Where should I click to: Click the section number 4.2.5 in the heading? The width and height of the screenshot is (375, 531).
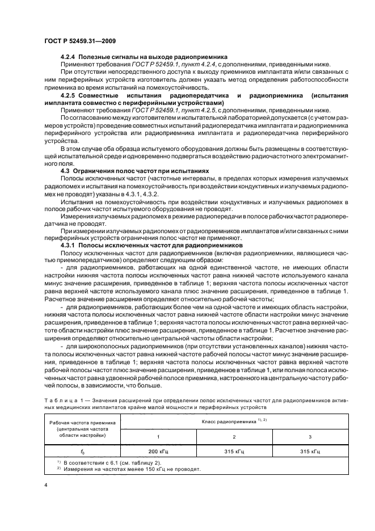[68, 95]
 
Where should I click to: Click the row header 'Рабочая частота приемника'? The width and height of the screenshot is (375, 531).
[82, 423]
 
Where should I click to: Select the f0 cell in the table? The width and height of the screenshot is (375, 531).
[82, 452]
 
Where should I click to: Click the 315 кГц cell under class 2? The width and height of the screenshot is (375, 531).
[234, 452]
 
